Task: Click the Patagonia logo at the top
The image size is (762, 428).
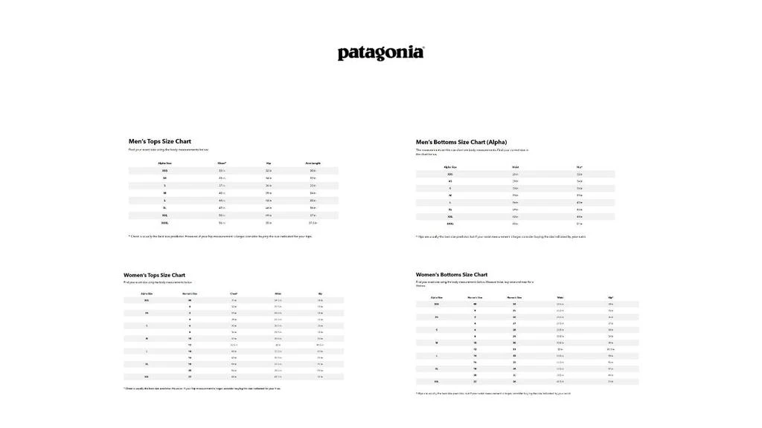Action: click(x=381, y=53)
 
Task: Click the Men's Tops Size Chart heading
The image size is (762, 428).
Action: click(x=159, y=141)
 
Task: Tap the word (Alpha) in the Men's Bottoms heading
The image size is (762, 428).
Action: click(x=496, y=142)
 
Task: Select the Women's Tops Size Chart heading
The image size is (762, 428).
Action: click(x=154, y=275)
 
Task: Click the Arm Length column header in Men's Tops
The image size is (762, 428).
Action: click(x=313, y=163)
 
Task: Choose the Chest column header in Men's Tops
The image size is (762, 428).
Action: click(x=222, y=163)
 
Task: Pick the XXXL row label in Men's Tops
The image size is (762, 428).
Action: click(x=164, y=222)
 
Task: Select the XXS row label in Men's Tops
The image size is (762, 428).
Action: click(x=164, y=170)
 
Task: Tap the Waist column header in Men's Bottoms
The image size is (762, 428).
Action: click(x=515, y=167)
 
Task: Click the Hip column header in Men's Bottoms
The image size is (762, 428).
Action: click(x=580, y=167)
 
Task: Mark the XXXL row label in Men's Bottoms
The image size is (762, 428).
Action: click(x=450, y=223)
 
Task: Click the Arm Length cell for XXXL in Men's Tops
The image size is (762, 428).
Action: click(x=313, y=222)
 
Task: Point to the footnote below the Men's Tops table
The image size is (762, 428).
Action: click(x=220, y=236)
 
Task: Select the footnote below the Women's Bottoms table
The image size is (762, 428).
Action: click(x=493, y=393)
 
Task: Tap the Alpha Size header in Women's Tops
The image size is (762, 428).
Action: click(x=147, y=294)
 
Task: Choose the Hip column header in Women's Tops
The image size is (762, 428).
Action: click(x=320, y=294)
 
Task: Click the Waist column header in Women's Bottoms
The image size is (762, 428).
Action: click(x=560, y=297)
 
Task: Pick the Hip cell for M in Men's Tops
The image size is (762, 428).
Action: click(x=269, y=192)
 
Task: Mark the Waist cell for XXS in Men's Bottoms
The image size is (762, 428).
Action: click(x=515, y=174)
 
